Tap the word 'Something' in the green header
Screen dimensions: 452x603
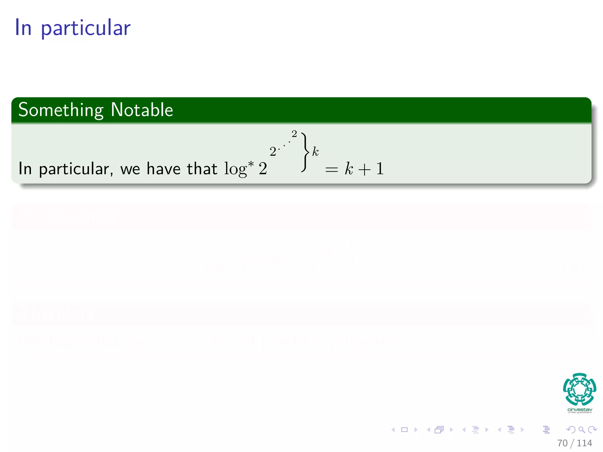[x=61, y=110]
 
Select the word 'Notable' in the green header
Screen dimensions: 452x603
[x=142, y=110]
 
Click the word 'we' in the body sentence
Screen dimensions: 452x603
[x=130, y=169]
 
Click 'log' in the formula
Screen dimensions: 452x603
[x=235, y=169]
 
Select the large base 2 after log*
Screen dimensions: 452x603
[x=263, y=169]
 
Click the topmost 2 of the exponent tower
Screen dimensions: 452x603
[x=294, y=134]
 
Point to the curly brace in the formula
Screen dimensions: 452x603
[x=305, y=152]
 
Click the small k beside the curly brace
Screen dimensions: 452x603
[x=315, y=152]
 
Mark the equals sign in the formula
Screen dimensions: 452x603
[x=331, y=170]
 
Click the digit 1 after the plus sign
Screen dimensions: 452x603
[x=380, y=169]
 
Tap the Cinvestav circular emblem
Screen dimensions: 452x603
[x=579, y=389]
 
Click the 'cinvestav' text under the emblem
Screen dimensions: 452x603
[x=579, y=410]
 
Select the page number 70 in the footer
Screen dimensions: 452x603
[x=562, y=443]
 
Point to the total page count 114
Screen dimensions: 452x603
[x=584, y=443]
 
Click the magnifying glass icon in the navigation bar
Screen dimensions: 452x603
[x=582, y=430]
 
